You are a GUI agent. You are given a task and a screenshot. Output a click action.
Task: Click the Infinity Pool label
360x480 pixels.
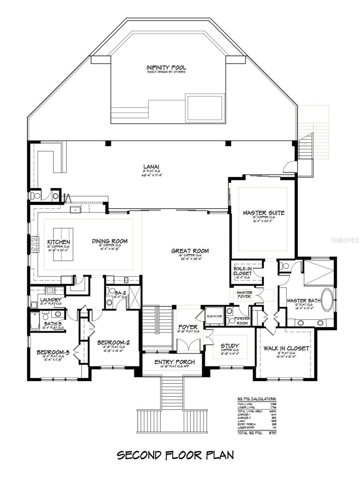pos(166,68)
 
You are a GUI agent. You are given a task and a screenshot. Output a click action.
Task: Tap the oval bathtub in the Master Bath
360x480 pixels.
pos(327,300)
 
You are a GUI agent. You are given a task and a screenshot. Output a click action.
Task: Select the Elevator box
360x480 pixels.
pos(214,316)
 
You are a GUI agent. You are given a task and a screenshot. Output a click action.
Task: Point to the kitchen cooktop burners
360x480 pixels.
pos(35,244)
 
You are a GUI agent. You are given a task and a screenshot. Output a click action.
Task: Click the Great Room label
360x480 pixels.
pos(190,251)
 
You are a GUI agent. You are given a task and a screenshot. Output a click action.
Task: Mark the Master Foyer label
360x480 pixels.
pos(244,294)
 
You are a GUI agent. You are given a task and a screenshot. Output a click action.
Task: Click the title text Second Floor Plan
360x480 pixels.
pos(175,455)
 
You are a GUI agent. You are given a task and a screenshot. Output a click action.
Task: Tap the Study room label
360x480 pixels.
pos(230,346)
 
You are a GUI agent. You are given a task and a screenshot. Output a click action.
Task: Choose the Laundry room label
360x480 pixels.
pos(50,300)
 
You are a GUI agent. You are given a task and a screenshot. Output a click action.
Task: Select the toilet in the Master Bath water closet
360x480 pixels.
pos(286,266)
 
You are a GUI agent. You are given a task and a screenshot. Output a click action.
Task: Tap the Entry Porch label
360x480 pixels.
pos(174,362)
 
